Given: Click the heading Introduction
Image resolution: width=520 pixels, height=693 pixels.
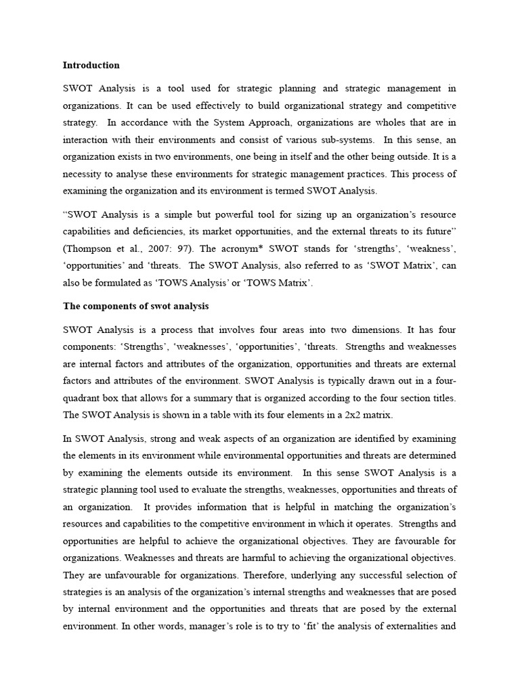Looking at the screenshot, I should (x=91, y=66).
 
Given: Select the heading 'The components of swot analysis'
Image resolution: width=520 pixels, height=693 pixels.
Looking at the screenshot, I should (x=127, y=306).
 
